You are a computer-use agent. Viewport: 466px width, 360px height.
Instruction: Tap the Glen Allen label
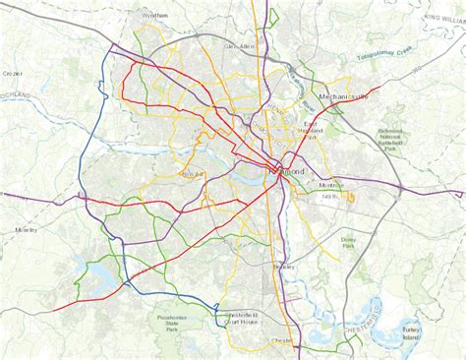(240, 46)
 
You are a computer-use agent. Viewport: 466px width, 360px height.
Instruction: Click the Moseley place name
(26, 229)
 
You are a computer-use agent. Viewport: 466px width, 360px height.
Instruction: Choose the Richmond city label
(287, 171)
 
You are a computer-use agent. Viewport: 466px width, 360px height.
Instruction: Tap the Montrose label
(331, 186)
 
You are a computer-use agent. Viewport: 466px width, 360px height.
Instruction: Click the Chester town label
(283, 342)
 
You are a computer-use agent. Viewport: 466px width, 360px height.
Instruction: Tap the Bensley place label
(285, 266)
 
